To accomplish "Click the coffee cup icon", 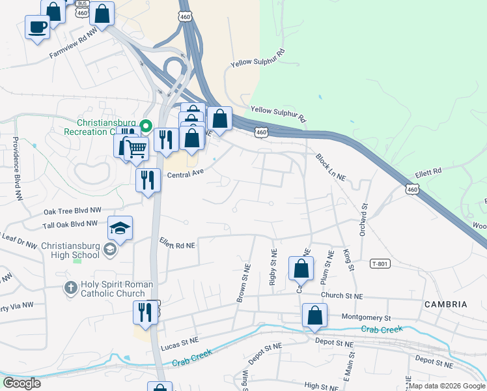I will (37, 27).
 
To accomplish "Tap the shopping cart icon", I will (135, 148).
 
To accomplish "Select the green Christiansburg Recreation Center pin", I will (146, 126).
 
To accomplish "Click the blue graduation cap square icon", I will (120, 228).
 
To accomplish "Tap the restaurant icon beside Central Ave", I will (148, 179).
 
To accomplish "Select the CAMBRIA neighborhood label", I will (445, 304).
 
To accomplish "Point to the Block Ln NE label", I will (330, 167).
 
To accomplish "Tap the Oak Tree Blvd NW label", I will (72, 211).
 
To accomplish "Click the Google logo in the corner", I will (21, 383).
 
